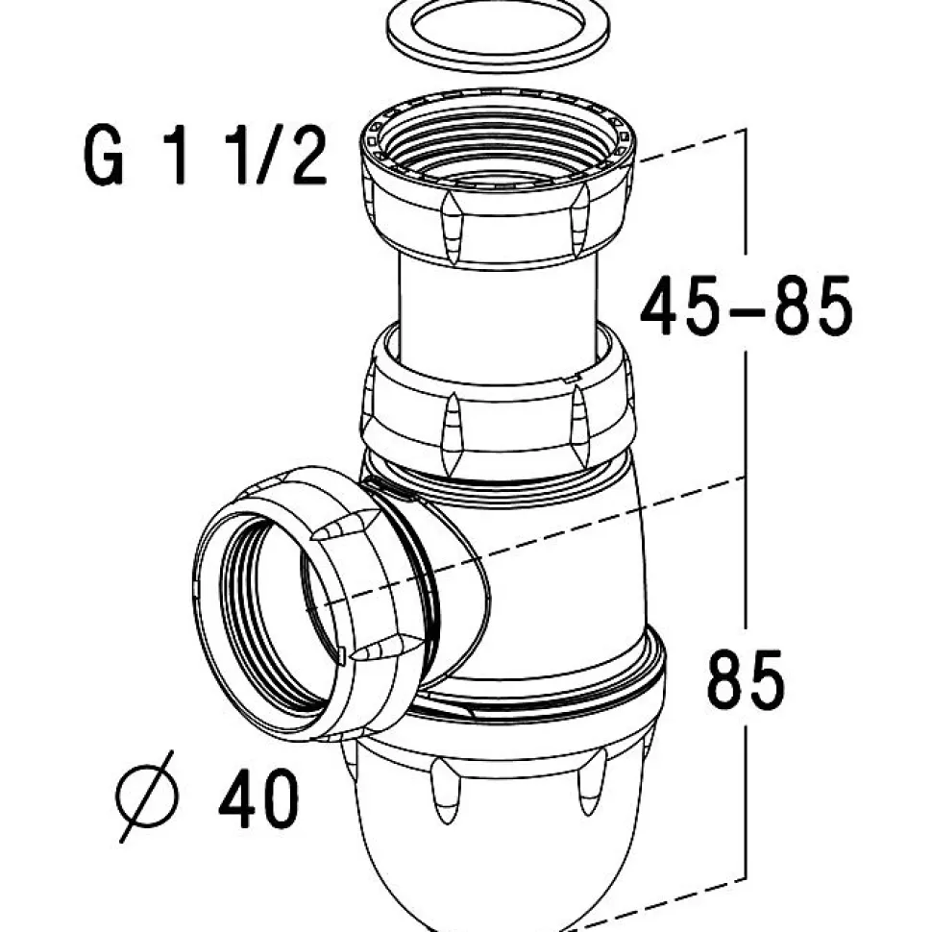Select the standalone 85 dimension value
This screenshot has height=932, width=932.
(x=746, y=678)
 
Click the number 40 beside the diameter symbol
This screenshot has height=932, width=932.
(x=258, y=800)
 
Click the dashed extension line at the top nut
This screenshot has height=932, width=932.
(x=692, y=144)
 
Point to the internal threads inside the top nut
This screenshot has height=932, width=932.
(x=498, y=154)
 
